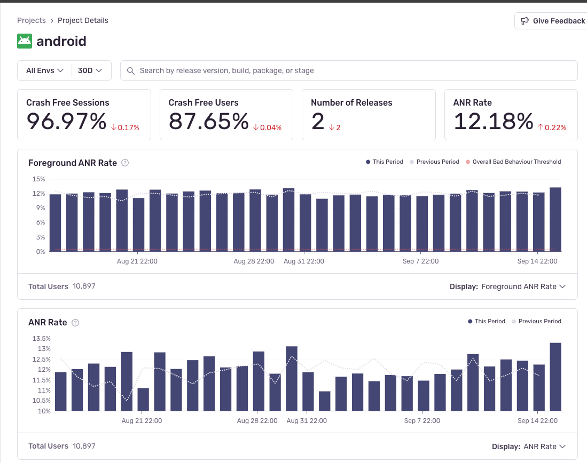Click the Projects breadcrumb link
click(x=32, y=20)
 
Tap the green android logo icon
click(x=25, y=41)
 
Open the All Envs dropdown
click(x=45, y=70)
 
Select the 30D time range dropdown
click(x=90, y=70)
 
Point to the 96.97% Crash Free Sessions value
click(x=67, y=122)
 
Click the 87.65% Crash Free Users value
click(x=209, y=122)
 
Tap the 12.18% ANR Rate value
click(x=494, y=122)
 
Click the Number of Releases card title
click(x=351, y=102)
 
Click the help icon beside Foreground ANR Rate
click(x=125, y=163)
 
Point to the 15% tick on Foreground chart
click(x=38, y=179)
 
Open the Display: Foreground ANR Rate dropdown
click(x=507, y=286)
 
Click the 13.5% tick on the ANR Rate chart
click(x=42, y=338)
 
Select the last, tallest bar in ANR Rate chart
click(x=555, y=377)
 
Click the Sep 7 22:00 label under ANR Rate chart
click(x=421, y=421)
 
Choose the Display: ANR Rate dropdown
click(x=528, y=446)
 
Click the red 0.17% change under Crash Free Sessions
click(x=126, y=127)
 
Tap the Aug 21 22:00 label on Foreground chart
click(x=137, y=261)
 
